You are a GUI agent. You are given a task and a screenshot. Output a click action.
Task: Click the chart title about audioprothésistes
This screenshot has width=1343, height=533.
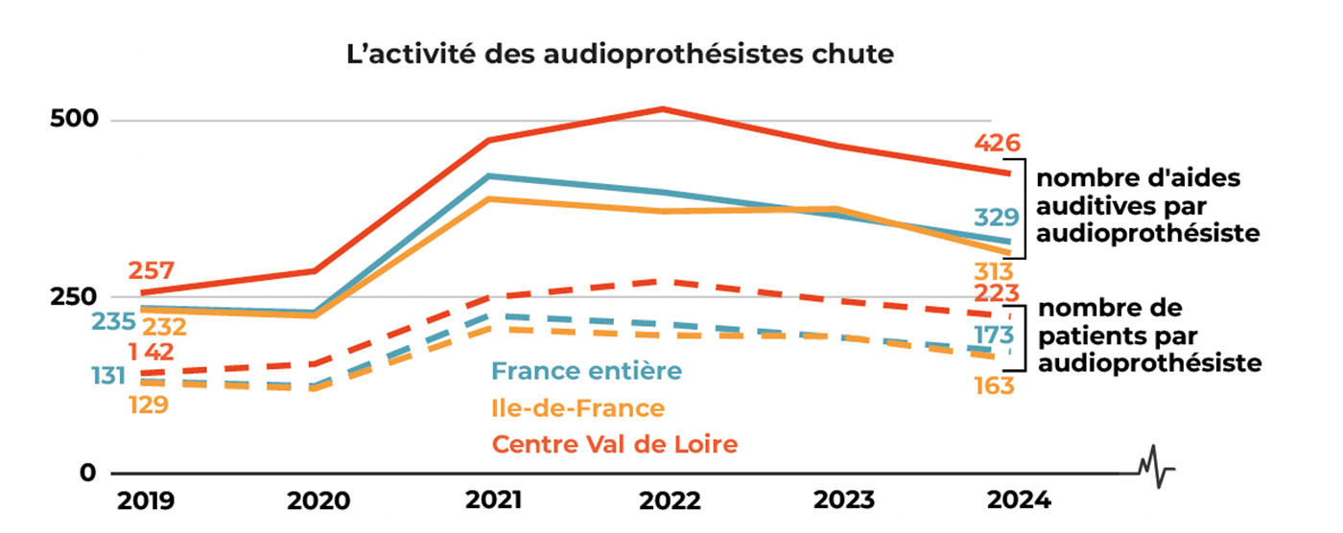620,55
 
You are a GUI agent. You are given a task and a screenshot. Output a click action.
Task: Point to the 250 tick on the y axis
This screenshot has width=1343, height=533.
73,297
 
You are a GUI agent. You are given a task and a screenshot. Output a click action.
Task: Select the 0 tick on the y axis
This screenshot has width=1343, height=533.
88,473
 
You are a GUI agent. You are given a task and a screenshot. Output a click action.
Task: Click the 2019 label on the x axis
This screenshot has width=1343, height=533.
145,501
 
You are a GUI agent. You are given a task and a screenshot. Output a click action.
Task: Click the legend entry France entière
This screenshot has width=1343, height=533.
586,371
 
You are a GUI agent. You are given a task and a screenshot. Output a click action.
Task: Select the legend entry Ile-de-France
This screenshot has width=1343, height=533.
577,408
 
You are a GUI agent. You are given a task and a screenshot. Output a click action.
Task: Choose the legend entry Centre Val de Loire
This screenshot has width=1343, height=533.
615,445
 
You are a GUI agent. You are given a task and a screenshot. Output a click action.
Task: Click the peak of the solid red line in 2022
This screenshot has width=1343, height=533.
662,108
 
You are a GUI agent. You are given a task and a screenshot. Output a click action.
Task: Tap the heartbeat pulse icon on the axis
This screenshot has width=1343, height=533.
1157,467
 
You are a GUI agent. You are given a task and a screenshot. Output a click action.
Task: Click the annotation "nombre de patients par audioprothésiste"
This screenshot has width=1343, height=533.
1149,336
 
